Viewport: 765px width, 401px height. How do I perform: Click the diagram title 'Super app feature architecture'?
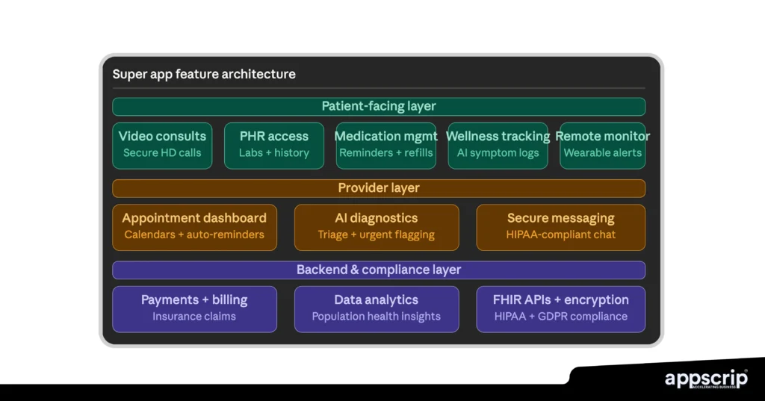(204, 74)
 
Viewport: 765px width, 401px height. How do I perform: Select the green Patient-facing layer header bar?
(379, 106)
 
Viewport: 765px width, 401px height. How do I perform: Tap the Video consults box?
(162, 145)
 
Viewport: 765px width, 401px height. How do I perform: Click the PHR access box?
(273, 145)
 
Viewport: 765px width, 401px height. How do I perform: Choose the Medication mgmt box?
(385, 145)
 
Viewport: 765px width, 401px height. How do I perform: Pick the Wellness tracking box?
(498, 145)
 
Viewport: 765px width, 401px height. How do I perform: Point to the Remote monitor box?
(602, 145)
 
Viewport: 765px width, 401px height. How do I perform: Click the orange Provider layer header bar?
(379, 188)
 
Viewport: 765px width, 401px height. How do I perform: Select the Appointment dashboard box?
(194, 226)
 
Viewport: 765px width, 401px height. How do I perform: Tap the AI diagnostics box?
(377, 226)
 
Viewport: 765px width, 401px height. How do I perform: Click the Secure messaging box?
(560, 226)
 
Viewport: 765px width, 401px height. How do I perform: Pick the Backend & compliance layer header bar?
(379, 270)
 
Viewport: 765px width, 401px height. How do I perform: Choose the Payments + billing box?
(194, 308)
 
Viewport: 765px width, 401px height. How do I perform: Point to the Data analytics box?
(377, 308)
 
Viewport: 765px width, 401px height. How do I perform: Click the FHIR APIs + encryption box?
(560, 308)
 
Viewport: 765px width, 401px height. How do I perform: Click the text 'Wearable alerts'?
(602, 153)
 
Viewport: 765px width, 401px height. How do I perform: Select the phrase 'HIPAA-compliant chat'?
(560, 234)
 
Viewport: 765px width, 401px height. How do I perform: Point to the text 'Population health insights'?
(377, 317)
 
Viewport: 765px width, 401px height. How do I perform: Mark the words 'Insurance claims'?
(194, 317)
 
